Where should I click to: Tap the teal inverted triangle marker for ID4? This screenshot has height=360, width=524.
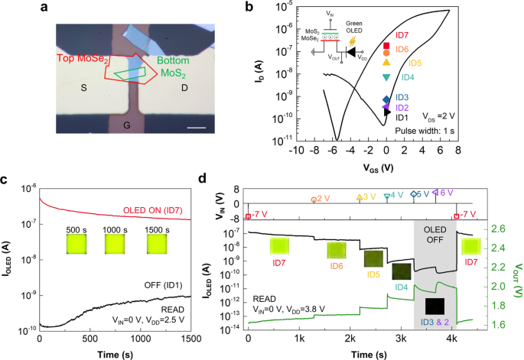pyautogui.click(x=386, y=78)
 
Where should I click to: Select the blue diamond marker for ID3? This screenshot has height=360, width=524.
pyautogui.click(x=386, y=99)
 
